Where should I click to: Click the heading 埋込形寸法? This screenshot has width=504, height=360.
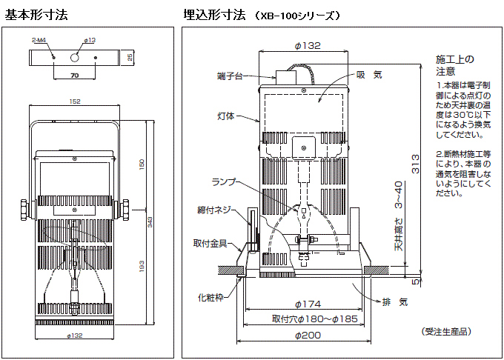coord(214,14)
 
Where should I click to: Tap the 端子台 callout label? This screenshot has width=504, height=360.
coord(231,76)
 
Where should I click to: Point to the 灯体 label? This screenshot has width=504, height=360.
coord(226,116)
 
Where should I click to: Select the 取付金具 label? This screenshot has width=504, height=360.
coord(210,243)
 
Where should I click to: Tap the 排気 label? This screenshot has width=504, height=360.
coord(394,301)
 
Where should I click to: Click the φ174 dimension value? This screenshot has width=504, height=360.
coord(308,304)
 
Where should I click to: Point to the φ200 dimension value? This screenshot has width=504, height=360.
coord(308,335)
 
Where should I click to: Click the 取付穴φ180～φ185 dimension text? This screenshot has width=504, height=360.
coord(308,319)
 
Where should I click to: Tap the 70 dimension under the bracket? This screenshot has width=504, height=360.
coord(75,75)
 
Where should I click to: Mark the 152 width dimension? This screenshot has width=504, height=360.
coord(76,102)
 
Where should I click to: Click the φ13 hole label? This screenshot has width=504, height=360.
coord(90,40)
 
